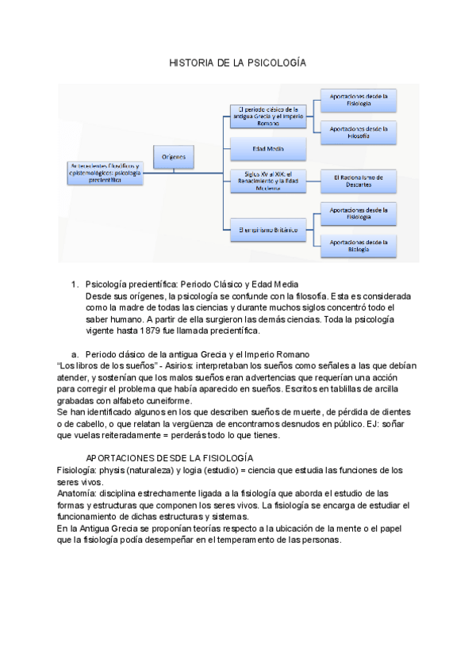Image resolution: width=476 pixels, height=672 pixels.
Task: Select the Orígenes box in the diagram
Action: click(x=174, y=158)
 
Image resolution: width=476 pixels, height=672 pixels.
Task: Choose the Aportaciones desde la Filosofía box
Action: click(x=359, y=132)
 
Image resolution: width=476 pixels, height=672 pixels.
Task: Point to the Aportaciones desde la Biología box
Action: click(x=359, y=246)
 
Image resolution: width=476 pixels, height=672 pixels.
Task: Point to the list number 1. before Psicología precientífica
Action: click(x=75, y=284)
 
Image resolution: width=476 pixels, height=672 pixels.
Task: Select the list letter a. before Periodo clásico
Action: click(x=75, y=353)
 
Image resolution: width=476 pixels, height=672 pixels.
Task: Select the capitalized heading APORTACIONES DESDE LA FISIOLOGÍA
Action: click(x=169, y=458)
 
